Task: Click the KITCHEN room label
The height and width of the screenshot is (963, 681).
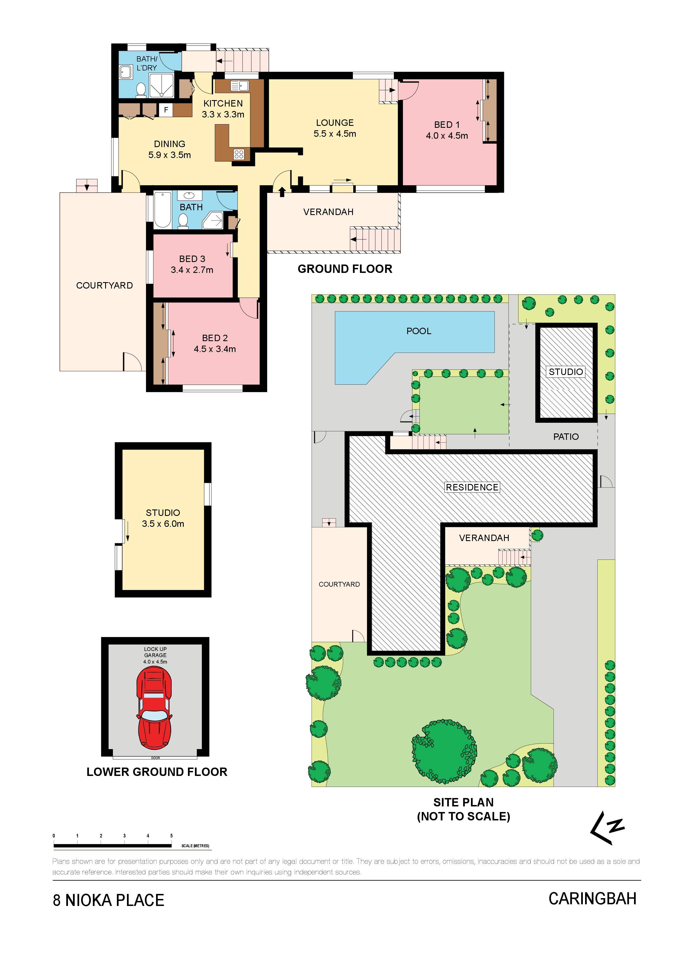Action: click(223, 103)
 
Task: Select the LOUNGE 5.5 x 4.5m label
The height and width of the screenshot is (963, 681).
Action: click(334, 128)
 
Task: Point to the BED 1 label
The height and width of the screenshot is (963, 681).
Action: click(447, 125)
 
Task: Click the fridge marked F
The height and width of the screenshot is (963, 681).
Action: click(166, 110)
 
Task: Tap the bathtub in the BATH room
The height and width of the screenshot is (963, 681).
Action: click(162, 210)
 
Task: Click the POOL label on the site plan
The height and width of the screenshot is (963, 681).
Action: click(419, 331)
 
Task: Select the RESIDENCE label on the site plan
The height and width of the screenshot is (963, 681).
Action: click(472, 487)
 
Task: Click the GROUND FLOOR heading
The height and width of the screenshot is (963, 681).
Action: click(345, 269)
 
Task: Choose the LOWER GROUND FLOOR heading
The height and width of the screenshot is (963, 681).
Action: click(157, 772)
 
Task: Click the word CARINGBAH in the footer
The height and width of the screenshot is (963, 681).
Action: click(592, 898)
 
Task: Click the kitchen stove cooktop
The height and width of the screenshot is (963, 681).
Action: click(239, 154)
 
